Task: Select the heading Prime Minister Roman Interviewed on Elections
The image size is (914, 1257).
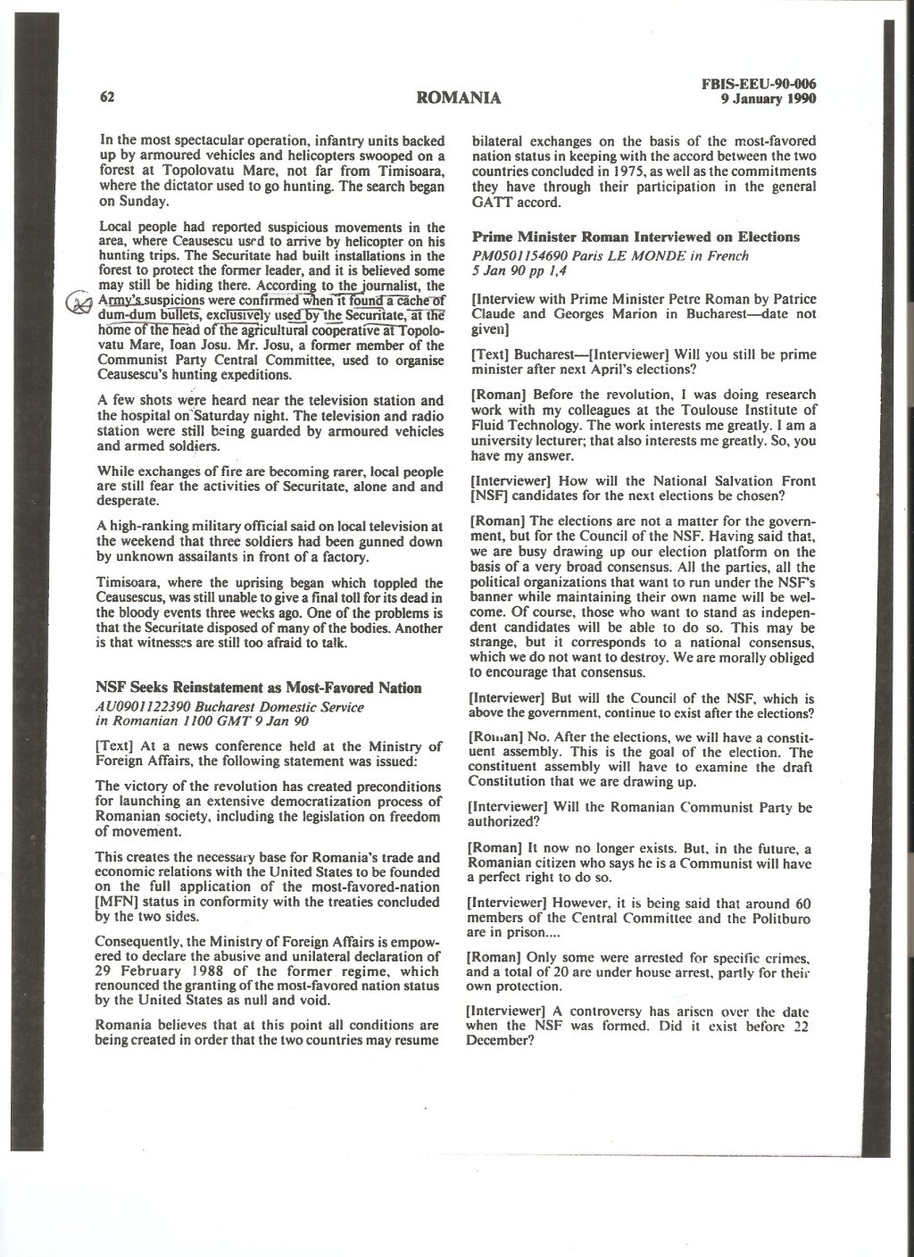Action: tap(635, 237)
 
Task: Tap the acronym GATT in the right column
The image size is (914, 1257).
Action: tap(492, 202)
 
